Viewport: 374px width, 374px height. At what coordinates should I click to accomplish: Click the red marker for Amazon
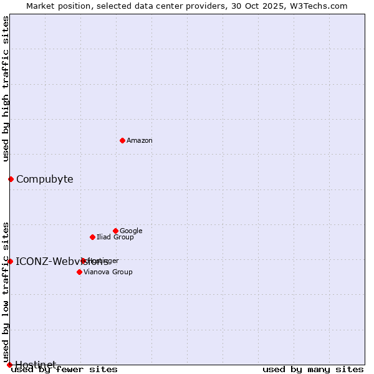[x=122, y=140]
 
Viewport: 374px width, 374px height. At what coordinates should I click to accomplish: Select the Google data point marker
[x=115, y=231]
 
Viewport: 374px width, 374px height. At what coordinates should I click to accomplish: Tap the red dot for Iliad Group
[x=92, y=237]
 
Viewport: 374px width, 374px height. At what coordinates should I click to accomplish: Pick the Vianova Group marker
[x=79, y=272]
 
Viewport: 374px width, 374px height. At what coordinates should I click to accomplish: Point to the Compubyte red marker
[x=11, y=179]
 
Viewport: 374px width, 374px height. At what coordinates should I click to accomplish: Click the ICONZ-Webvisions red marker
[x=10, y=261]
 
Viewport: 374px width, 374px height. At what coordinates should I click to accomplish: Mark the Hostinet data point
[x=9, y=365]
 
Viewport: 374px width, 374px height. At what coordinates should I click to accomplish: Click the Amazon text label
[x=140, y=141]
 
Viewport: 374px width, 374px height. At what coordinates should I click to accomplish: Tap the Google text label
[x=131, y=231]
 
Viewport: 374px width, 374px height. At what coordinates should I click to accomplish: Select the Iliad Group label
[x=115, y=237]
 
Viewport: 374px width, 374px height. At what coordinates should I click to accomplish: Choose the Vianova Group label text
[x=108, y=272]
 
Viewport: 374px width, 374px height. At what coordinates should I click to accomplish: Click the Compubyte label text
[x=45, y=180]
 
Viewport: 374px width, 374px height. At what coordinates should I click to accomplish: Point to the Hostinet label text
[x=36, y=365]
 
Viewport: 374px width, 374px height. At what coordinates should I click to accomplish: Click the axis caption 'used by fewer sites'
[x=64, y=370]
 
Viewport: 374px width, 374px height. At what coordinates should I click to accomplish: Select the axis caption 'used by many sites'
[x=313, y=370]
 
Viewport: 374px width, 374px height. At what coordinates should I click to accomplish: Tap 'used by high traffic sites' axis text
[x=6, y=89]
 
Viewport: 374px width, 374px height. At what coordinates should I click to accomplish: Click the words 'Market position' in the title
[x=55, y=6]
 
